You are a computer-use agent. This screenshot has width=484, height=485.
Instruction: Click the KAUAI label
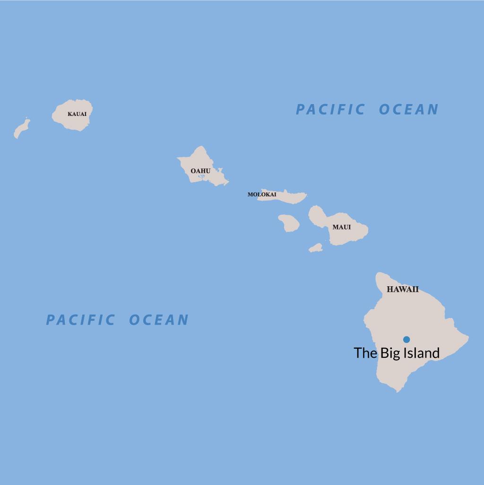point(77,114)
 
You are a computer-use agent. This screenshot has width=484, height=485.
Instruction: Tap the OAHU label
point(200,171)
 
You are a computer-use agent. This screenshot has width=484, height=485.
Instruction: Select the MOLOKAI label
point(262,194)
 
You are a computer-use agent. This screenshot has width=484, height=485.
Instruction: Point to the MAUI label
point(341,227)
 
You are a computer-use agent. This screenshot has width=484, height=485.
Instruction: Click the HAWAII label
point(403,290)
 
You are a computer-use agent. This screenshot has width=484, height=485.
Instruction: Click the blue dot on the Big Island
point(406,339)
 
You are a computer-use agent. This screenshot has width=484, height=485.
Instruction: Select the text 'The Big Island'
point(397,353)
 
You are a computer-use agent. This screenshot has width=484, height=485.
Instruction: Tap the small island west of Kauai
point(21,128)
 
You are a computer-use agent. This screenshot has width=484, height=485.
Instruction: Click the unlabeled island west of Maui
point(289,223)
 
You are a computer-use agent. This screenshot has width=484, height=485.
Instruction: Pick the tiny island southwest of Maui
point(316,247)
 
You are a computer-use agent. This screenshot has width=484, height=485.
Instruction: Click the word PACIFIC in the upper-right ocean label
point(330,110)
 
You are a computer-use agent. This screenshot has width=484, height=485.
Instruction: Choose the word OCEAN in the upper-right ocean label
point(409,110)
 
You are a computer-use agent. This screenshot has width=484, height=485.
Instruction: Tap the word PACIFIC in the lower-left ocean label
point(80,320)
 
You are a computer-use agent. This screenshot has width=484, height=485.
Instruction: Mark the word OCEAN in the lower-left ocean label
point(159,320)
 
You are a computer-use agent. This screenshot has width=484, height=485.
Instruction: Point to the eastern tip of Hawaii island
point(468,337)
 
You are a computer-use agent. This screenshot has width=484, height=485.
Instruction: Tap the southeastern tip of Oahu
point(227,182)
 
